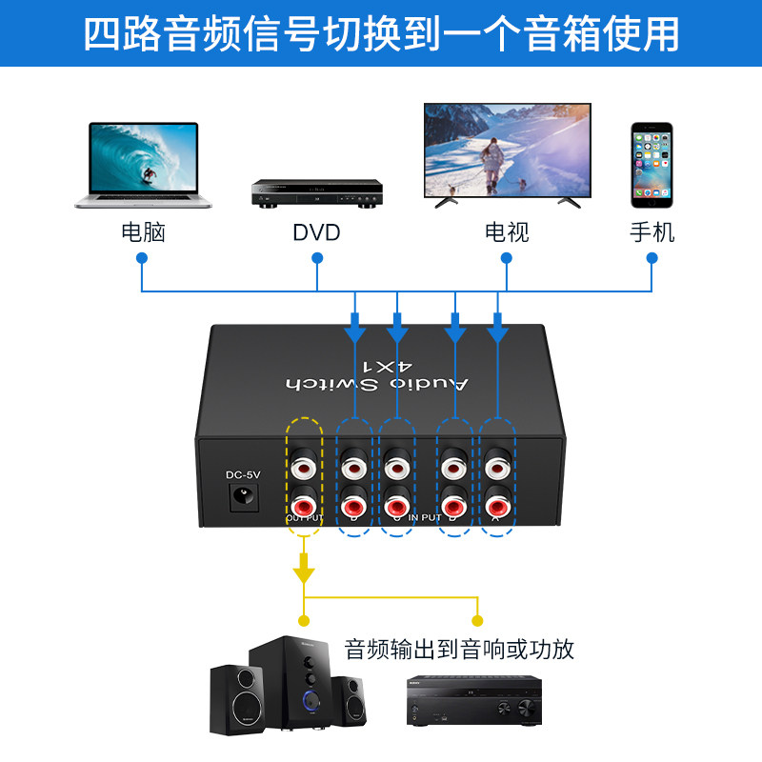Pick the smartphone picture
point(652,164)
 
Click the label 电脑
point(143,231)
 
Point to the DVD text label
point(316,232)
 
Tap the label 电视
point(507,231)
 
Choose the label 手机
point(652,231)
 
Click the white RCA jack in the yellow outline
point(305,468)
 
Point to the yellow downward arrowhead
point(304,571)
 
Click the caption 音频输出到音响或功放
point(459,650)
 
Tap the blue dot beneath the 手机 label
point(652,258)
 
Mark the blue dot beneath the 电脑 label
point(142,258)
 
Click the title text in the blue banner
point(381,33)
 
